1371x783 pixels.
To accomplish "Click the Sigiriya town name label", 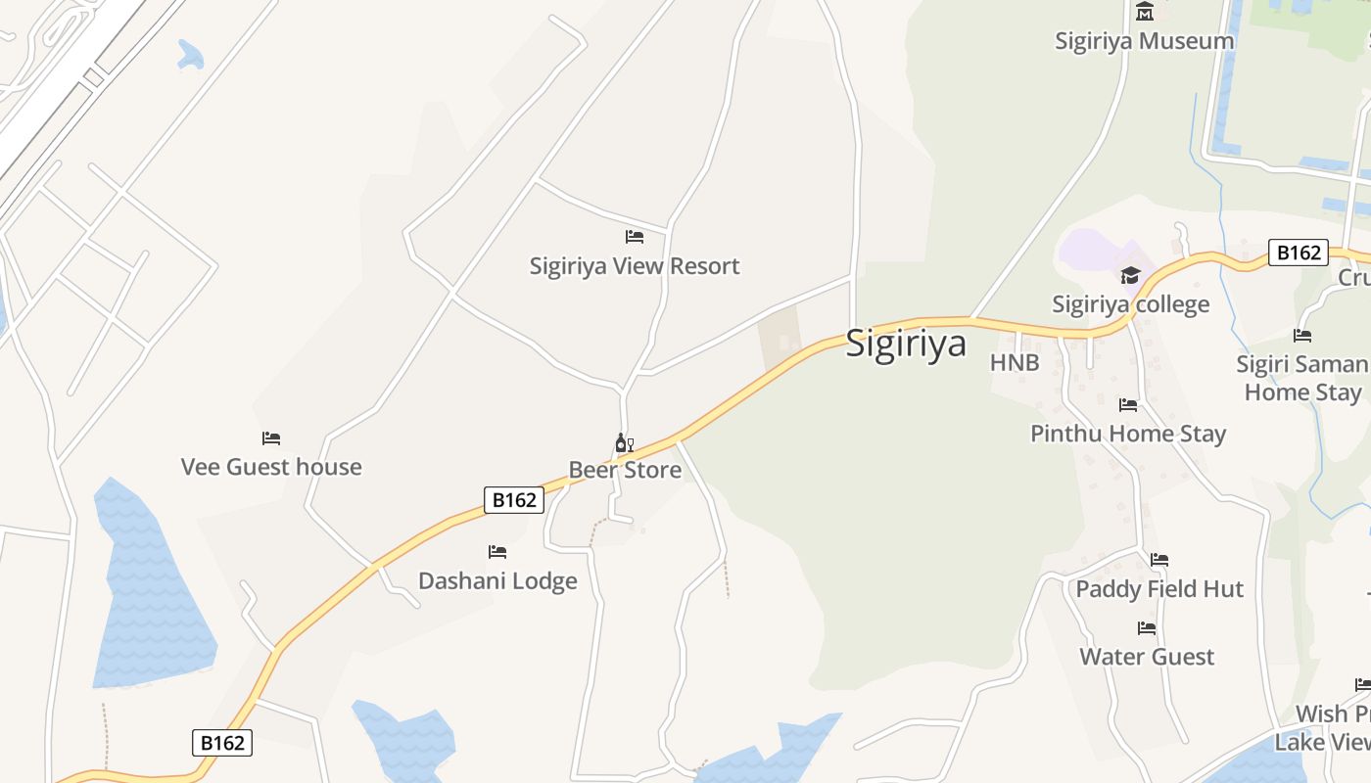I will (906, 344).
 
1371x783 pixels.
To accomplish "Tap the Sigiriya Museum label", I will (1144, 41).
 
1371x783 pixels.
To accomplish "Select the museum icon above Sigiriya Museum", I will (1144, 12).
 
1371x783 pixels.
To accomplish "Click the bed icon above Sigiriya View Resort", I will (635, 237).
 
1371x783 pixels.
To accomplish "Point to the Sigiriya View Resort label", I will (635, 266).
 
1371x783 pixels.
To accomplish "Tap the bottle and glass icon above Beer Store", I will (624, 443).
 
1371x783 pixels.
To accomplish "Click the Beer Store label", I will (625, 471).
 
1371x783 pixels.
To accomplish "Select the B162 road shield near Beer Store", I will (514, 500).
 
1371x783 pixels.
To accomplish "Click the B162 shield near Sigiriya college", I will (1298, 253).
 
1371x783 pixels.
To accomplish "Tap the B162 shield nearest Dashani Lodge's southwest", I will (222, 743).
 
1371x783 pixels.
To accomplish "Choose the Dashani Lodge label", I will (497, 581).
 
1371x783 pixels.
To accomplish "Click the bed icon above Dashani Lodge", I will (497, 552).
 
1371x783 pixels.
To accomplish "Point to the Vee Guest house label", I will (271, 468).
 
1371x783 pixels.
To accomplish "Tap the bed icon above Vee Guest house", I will (271, 438).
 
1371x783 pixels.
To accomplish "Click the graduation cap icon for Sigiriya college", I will (1131, 275).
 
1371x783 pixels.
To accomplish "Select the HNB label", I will (1015, 362).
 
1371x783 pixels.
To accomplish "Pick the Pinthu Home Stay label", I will (1128, 434).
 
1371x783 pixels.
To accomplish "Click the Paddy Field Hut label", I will (1159, 589).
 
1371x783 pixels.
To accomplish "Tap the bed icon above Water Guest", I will (1147, 628).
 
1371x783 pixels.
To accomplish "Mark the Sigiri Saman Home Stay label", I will (1302, 378).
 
